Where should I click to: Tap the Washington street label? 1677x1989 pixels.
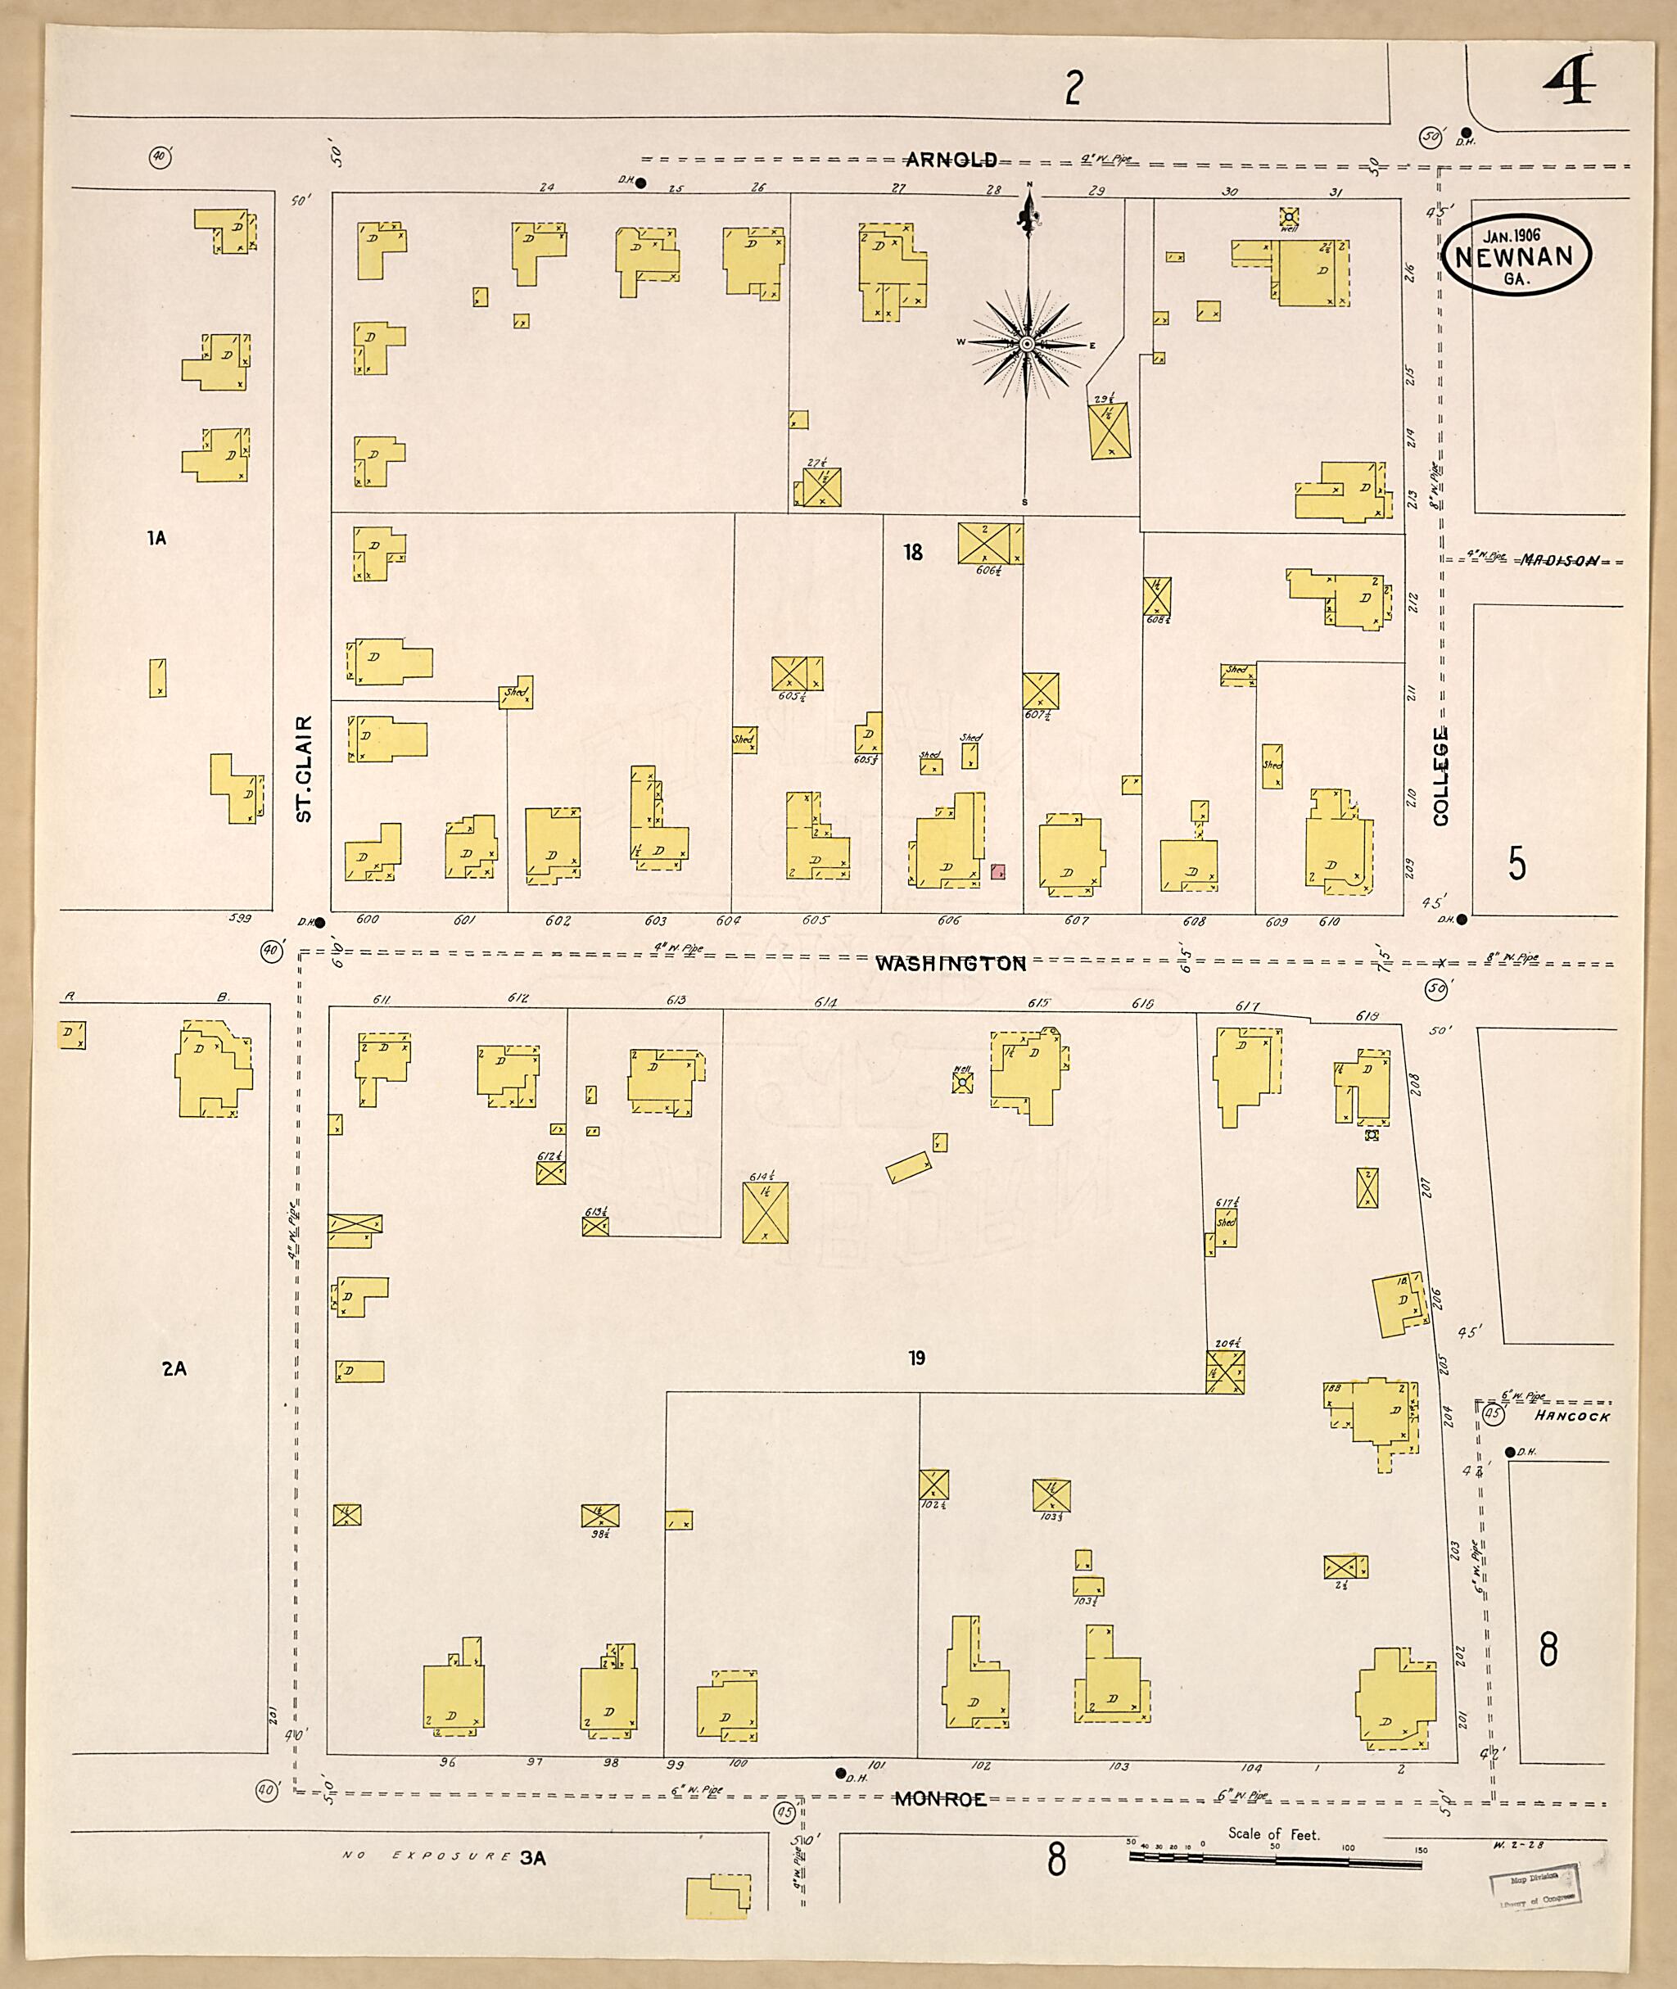point(950,963)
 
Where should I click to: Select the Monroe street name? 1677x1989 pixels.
point(939,1799)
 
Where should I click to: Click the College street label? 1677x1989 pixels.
point(1440,775)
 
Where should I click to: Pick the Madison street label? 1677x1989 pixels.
point(1559,560)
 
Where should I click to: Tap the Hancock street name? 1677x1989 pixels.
point(1572,1416)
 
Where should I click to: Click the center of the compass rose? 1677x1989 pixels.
point(1027,342)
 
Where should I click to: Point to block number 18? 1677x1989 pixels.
point(913,553)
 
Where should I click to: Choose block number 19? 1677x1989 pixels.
point(916,1358)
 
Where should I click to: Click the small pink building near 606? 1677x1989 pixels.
point(998,871)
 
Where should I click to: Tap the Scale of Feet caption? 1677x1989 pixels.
point(1273,1834)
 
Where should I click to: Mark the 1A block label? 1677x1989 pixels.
point(157,538)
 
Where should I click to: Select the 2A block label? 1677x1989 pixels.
point(174,1368)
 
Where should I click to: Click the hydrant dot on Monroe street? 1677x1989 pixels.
point(839,1773)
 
